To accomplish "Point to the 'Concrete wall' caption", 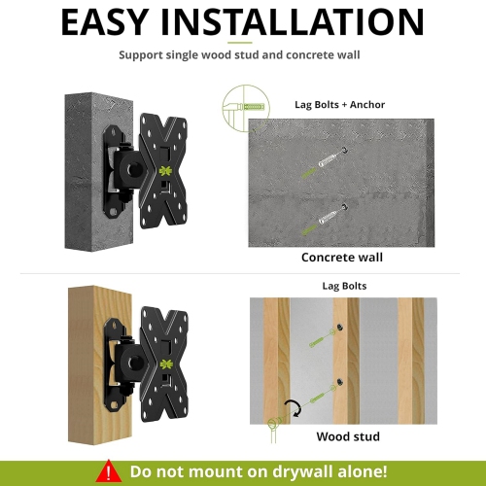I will pos(342,258).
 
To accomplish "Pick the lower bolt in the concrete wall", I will pos(331,218).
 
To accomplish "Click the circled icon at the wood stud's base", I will pos(274,425).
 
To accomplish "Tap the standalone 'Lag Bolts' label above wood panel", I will pos(342,288).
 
